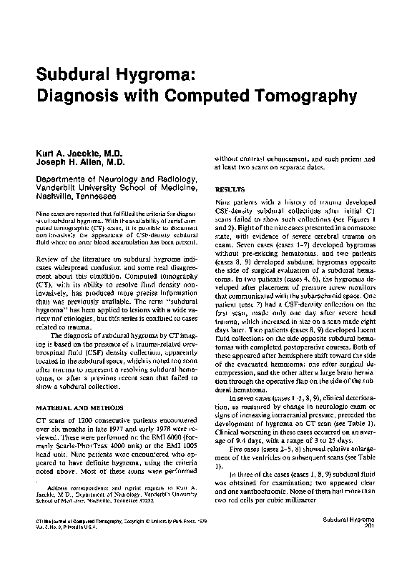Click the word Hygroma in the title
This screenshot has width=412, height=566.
158,74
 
